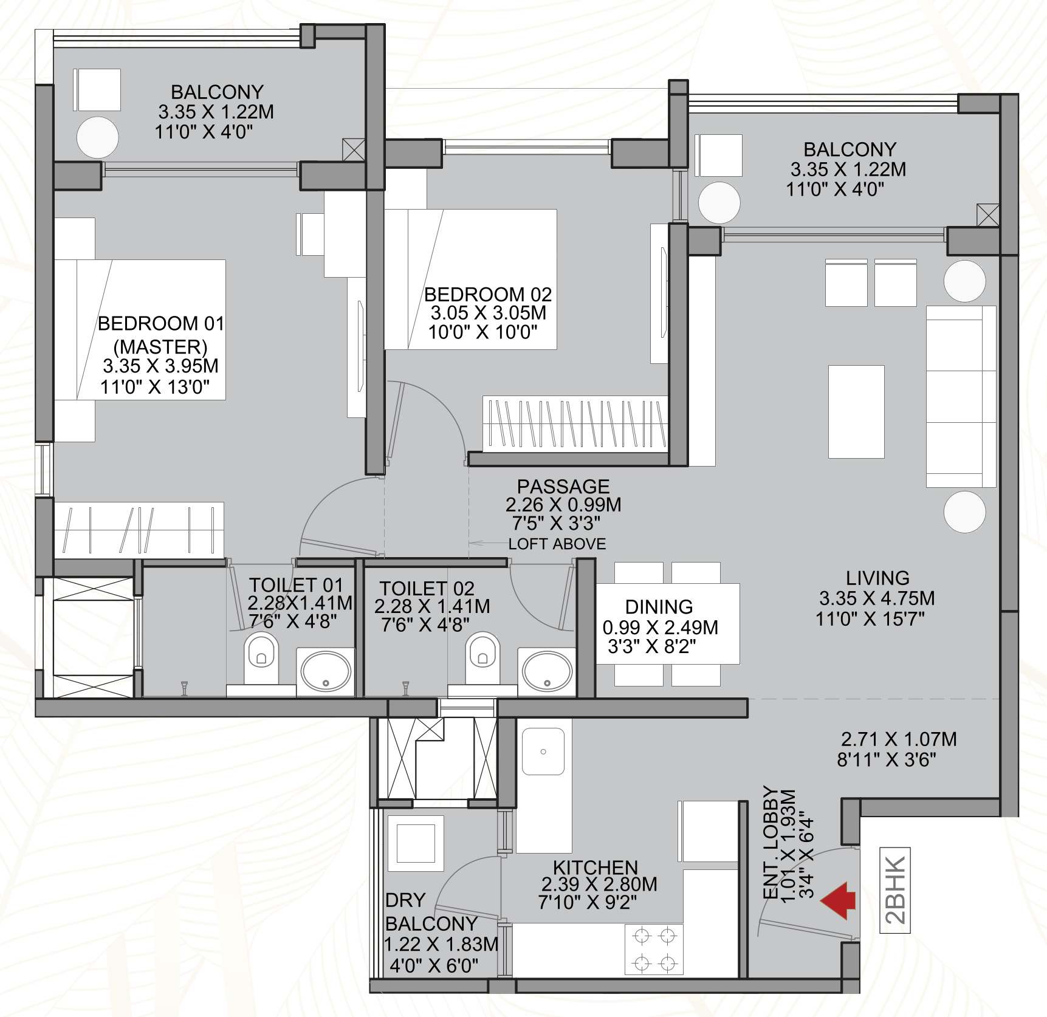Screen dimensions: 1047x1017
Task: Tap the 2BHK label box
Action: pyautogui.click(x=895, y=889)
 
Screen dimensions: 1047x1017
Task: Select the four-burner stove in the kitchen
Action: pyautogui.click(x=654, y=949)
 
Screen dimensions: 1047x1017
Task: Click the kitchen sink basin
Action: pyautogui.click(x=543, y=752)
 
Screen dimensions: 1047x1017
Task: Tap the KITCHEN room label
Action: pyautogui.click(x=596, y=868)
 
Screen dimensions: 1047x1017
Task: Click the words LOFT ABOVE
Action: pyautogui.click(x=557, y=544)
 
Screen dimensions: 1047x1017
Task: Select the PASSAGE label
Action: pyautogui.click(x=563, y=486)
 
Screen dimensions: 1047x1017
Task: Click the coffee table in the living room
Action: pyautogui.click(x=856, y=412)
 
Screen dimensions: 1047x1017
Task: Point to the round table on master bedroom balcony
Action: pyautogui.click(x=98, y=137)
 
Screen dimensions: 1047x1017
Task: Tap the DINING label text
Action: pyautogui.click(x=659, y=607)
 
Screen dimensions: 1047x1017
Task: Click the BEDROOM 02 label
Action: pyautogui.click(x=488, y=295)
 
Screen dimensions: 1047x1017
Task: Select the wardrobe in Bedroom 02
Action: pyautogui.click(x=575, y=424)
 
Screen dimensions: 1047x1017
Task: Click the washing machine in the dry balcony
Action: pyautogui.click(x=416, y=843)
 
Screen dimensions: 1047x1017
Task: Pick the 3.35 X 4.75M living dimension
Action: pyautogui.click(x=877, y=598)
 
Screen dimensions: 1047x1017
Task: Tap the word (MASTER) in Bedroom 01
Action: pyautogui.click(x=160, y=347)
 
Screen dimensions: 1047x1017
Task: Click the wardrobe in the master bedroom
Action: pyautogui.click(x=139, y=530)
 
